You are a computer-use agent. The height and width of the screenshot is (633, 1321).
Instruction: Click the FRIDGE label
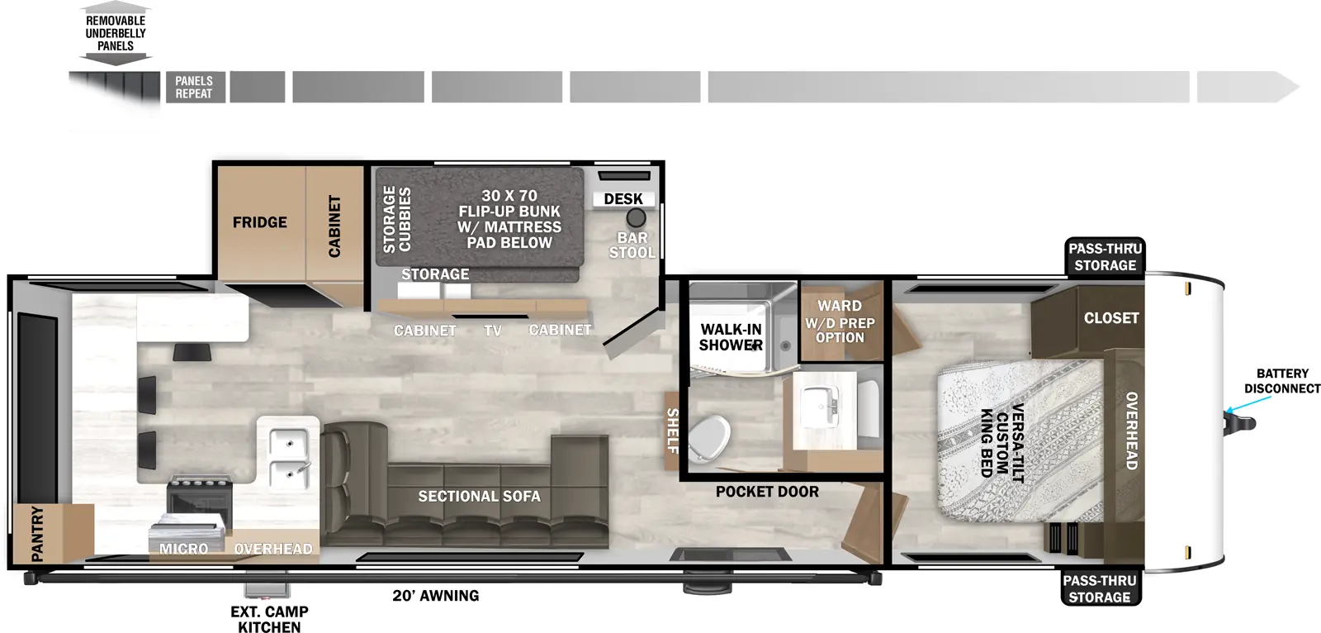coord(259,222)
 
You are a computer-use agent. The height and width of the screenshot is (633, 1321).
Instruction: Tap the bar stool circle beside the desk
coord(637,218)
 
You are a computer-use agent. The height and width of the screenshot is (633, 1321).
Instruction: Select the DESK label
coord(623,199)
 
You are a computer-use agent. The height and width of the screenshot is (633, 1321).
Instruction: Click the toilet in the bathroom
coord(710,435)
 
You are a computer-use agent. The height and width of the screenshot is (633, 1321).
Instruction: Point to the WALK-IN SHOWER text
coord(731,337)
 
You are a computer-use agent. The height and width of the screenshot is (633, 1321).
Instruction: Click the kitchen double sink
coord(287,455)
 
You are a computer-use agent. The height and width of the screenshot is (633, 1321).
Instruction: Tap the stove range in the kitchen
coord(199,495)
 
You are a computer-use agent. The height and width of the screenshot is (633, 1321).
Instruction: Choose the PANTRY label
coord(37,534)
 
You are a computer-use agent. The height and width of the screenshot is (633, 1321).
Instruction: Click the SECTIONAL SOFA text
coord(479,497)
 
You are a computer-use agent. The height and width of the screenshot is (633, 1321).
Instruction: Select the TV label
coord(493,331)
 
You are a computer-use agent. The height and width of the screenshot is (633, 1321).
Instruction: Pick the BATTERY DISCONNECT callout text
coord(1281,381)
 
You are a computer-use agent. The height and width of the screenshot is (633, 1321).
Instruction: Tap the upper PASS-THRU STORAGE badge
coord(1105,257)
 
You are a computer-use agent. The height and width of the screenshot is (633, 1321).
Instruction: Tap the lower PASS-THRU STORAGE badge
coord(1100,588)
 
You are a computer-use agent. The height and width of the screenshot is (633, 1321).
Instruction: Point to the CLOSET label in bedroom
coord(1111,318)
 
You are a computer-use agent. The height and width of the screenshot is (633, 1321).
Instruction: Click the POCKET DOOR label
coord(767,492)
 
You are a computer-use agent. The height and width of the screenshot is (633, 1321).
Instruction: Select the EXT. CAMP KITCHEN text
coord(269,619)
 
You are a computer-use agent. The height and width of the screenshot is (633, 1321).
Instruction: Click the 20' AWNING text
coord(436,596)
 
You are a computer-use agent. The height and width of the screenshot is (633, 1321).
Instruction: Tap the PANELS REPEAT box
coord(194,88)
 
